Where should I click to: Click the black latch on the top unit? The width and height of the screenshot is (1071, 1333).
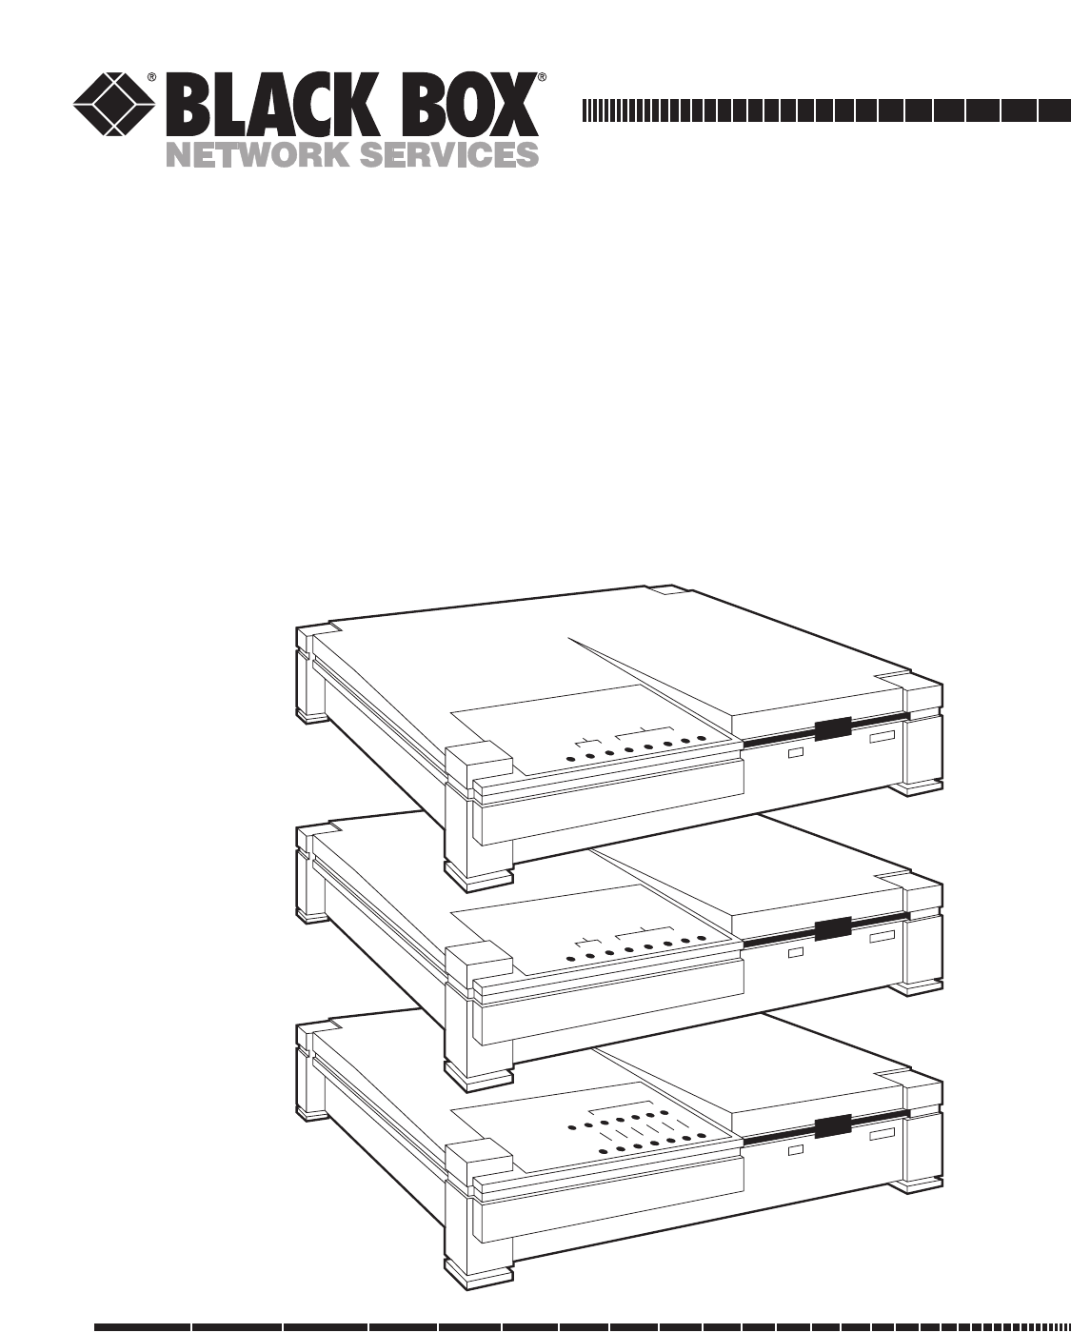(x=833, y=729)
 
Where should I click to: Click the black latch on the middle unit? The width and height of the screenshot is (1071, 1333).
(x=833, y=929)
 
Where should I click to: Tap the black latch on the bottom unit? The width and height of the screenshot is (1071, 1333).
(x=833, y=1127)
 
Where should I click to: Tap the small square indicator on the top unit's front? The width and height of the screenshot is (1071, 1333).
(x=796, y=753)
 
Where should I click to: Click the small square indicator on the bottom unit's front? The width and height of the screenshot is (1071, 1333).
(x=796, y=1150)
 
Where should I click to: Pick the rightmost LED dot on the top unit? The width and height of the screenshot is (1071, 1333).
(x=701, y=739)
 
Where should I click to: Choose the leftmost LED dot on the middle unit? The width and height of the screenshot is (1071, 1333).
(x=570, y=958)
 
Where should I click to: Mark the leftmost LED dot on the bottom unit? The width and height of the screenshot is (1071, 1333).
(x=570, y=1127)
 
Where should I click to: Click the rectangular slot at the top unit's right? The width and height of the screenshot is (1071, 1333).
(x=881, y=739)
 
